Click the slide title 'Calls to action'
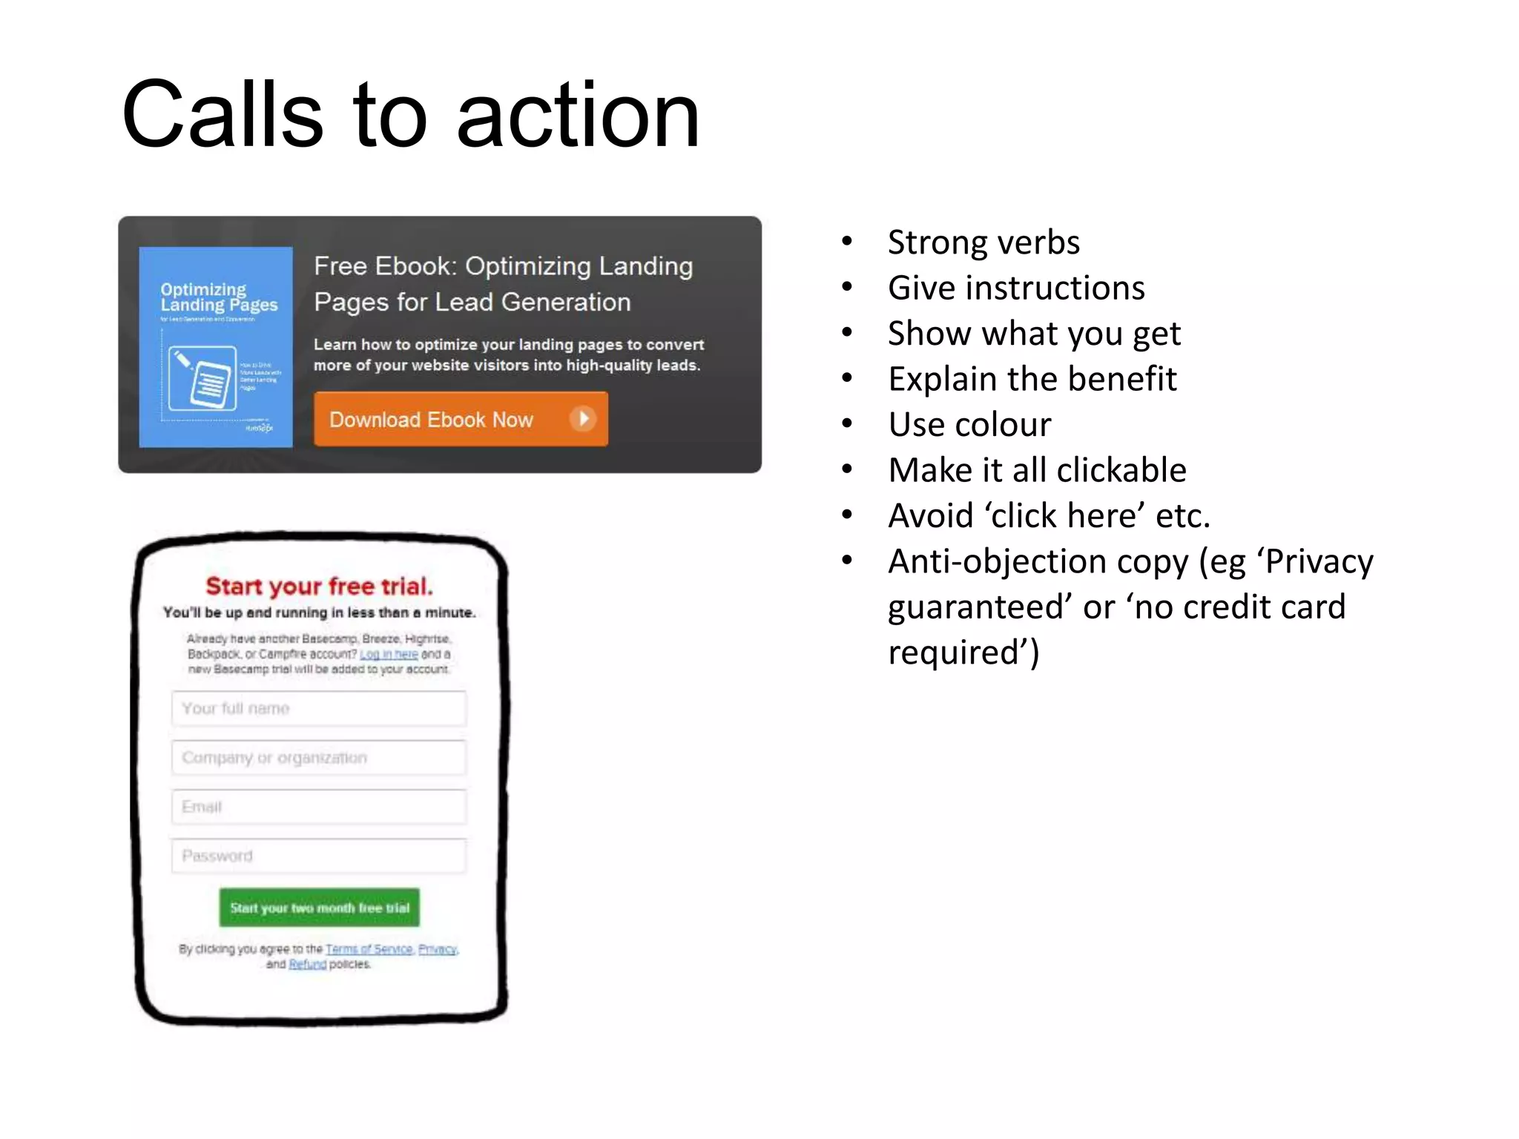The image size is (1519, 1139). tap(410, 115)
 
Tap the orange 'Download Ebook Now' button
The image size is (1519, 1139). tap(460, 419)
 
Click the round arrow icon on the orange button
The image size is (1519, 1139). tap(583, 419)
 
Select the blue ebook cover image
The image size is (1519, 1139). tap(215, 346)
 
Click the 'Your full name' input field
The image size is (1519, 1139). tap(319, 708)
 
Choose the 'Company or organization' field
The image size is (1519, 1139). tap(319, 758)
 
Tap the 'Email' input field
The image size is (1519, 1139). tap(319, 807)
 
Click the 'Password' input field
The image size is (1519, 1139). tap(319, 856)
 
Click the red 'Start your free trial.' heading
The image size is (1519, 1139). tap(319, 586)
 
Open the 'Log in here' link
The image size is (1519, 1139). tap(389, 654)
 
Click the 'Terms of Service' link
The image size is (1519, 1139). tap(369, 949)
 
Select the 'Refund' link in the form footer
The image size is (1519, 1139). tap(307, 964)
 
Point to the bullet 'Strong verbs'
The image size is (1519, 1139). tap(983, 242)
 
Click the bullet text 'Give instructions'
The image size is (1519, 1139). tap(1016, 288)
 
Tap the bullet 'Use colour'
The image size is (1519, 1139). tap(969, 425)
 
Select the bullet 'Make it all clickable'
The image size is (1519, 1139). tap(1037, 470)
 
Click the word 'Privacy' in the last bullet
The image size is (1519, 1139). tap(1319, 561)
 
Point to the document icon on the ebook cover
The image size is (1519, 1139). tap(202, 378)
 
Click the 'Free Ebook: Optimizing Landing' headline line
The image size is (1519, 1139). tap(503, 266)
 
